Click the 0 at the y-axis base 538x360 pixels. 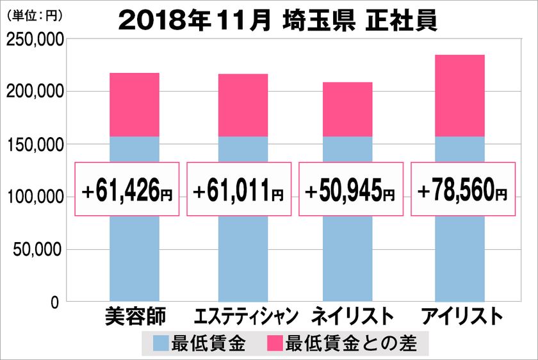point(55,302)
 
